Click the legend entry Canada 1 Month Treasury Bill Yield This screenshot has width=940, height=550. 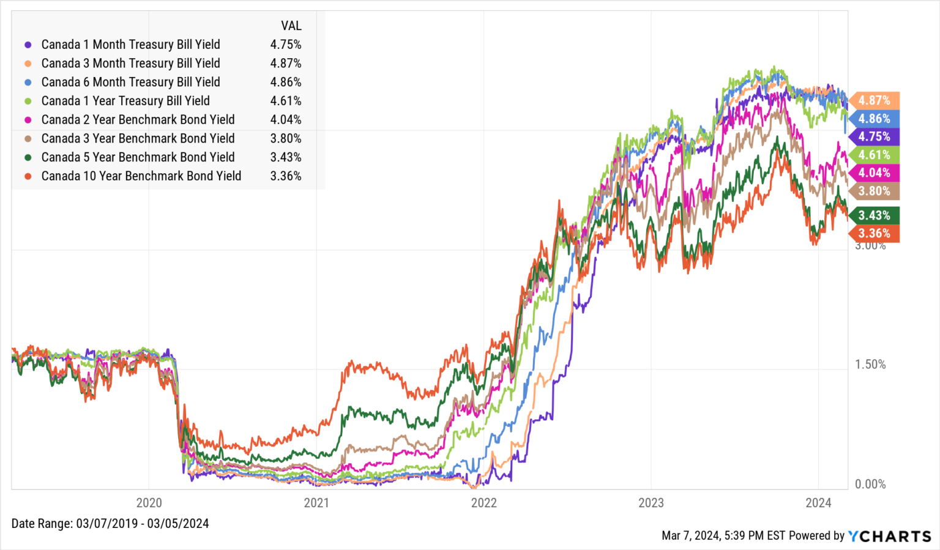[130, 45]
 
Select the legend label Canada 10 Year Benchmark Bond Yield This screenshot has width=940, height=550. [141, 176]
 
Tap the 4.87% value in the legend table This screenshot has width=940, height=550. [286, 64]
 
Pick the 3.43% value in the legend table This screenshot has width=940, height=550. [286, 157]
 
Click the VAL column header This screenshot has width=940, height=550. [291, 26]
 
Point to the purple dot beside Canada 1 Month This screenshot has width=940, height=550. [28, 45]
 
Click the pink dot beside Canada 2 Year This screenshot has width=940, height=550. [28, 120]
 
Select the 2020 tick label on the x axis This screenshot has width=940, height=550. [149, 503]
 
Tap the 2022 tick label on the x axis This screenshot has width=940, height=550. [483, 503]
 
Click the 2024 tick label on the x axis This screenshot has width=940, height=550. [818, 503]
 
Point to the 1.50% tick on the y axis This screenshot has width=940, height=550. [870, 365]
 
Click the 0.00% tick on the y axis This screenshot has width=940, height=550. [870, 485]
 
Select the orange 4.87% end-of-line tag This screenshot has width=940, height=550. [874, 100]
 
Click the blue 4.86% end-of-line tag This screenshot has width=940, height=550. [874, 119]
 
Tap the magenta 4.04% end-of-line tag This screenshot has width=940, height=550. [874, 173]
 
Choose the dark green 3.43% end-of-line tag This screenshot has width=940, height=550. [874, 215]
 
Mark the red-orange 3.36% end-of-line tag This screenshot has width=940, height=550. [874, 233]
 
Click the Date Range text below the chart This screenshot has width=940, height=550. [110, 524]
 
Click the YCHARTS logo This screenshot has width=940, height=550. [889, 537]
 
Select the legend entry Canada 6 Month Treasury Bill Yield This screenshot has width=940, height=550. [130, 82]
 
